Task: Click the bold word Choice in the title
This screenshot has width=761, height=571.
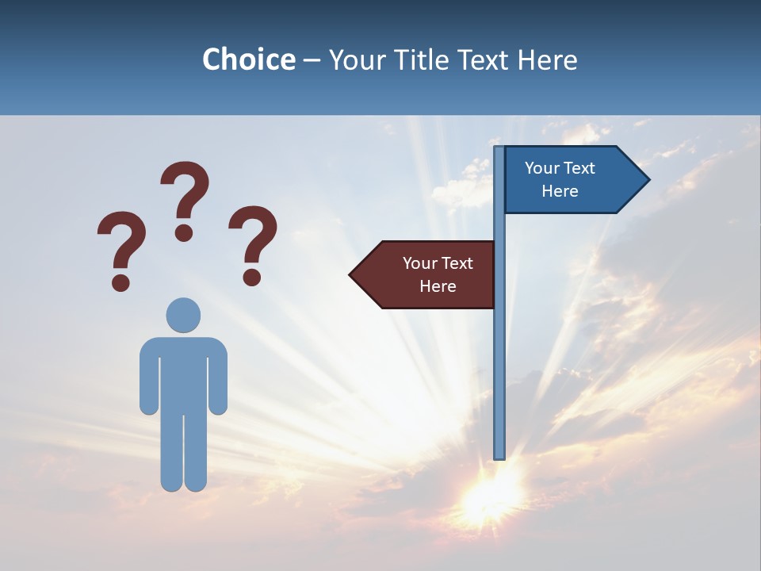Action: point(248,59)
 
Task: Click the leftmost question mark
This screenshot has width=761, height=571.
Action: point(120,249)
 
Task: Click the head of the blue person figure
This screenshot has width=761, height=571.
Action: point(183,315)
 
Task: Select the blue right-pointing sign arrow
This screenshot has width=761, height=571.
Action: point(567,180)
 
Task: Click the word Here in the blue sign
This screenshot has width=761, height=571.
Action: point(560,191)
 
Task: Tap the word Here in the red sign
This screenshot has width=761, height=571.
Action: point(438,286)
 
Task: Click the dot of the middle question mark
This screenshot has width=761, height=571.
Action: point(184,232)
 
